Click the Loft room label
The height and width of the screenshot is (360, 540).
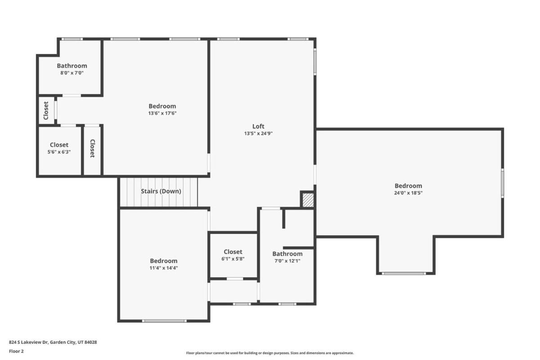pos(258,126)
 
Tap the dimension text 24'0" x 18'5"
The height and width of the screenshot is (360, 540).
pos(408,193)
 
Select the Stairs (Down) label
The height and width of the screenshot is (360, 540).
pos(161,191)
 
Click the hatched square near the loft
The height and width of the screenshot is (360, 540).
pos(308,200)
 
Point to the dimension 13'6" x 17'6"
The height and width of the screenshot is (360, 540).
pos(162,113)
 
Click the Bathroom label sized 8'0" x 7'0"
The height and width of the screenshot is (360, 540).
pos(72,66)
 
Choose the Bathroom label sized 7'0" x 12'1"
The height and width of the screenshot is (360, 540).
pos(288,254)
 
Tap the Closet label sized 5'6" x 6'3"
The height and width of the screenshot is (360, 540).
pos(59,145)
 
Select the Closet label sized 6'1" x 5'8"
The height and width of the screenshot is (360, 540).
pos(233,252)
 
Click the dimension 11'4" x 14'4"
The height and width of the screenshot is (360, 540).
pos(164,268)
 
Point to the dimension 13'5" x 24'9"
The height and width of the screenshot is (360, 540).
pos(258,133)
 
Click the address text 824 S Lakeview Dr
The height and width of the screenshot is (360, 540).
pos(29,342)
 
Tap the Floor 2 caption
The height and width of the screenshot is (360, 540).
pos(16,351)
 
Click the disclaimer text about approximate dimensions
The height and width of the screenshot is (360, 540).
pos(270,353)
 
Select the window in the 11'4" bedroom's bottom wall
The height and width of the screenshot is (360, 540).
pos(164,321)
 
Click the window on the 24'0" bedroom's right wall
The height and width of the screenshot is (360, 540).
pos(502,183)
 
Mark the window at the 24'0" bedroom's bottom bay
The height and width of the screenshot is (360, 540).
pos(404,274)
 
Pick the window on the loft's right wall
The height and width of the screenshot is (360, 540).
pos(315,62)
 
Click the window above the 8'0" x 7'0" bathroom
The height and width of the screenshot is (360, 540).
pos(72,39)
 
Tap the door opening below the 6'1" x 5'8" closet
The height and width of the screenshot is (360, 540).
pos(235,279)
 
